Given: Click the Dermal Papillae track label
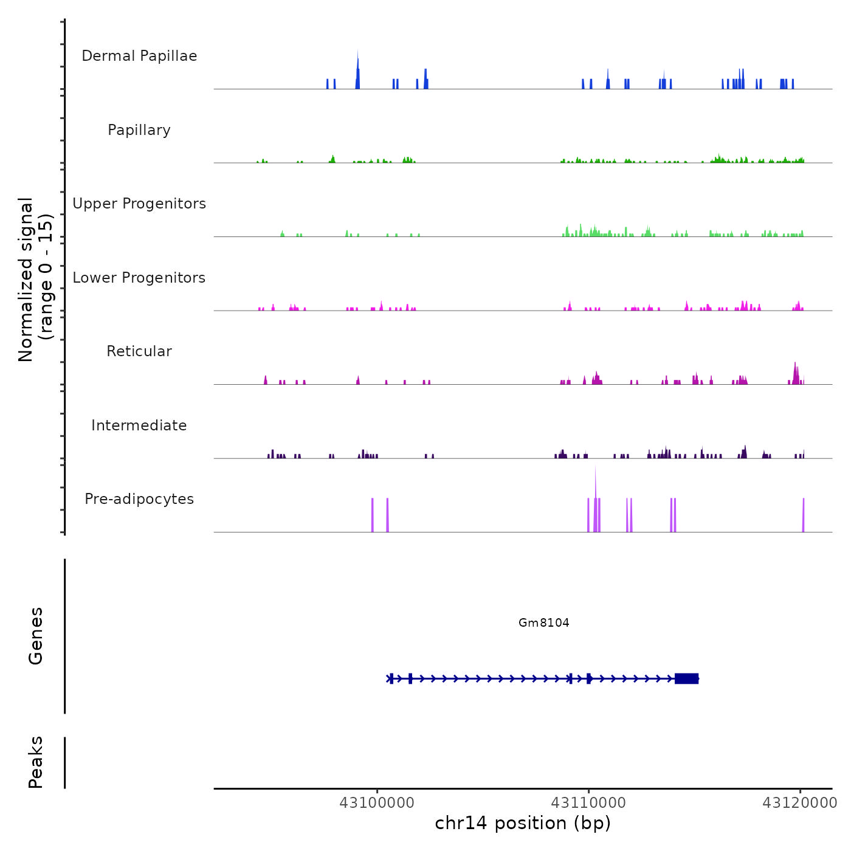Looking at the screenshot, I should [139, 56].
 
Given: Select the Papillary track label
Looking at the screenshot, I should [139, 130].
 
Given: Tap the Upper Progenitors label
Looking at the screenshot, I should [139, 204].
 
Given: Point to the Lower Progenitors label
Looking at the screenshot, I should [139, 278].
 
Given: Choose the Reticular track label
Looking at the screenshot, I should [139, 351].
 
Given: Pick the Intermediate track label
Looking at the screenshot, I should [139, 425].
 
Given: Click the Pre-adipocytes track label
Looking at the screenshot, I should [139, 499].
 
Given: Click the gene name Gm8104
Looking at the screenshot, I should [543, 622].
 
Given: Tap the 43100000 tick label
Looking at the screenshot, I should [377, 803].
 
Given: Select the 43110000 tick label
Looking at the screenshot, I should [588, 803].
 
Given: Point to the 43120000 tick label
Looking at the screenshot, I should [800, 803].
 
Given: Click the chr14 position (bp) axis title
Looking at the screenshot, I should [523, 823].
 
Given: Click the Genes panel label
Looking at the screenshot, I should [36, 636].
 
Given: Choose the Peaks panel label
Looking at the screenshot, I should [36, 762].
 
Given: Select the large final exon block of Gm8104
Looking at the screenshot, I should [686, 678].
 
